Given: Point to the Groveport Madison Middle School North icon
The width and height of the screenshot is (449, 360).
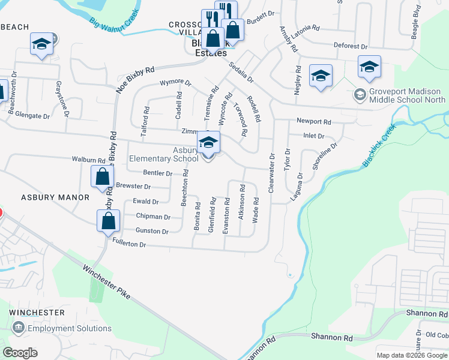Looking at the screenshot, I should click(x=360, y=95).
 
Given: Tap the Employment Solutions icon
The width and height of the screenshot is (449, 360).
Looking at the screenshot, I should click(x=19, y=328).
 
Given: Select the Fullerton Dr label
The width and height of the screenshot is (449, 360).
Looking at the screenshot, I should click(x=129, y=244).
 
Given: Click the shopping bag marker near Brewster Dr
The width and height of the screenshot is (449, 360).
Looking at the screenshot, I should click(x=102, y=176).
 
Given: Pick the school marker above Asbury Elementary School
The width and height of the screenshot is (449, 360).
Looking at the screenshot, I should click(x=208, y=142).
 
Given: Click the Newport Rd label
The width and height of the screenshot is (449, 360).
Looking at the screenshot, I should click(x=310, y=121).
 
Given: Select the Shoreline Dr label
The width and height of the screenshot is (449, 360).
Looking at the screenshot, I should click(x=330, y=153).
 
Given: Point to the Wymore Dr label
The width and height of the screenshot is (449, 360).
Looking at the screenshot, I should click(x=175, y=83).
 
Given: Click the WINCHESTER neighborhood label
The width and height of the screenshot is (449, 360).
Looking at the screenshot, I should click(x=37, y=313).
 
